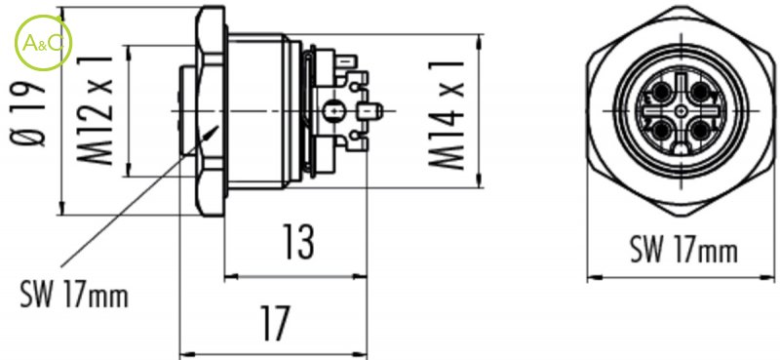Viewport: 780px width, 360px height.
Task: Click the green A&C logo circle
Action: (43, 43)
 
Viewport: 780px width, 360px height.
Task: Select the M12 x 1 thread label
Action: (95, 110)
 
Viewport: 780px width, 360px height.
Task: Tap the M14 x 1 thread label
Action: (446, 114)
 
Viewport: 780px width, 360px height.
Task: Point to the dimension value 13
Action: (298, 242)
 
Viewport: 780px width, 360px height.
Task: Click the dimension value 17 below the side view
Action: (274, 323)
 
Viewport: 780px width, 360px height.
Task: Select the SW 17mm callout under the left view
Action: (74, 294)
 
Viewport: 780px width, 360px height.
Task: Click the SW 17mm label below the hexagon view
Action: (683, 249)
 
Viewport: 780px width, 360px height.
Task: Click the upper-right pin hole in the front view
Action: (700, 92)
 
